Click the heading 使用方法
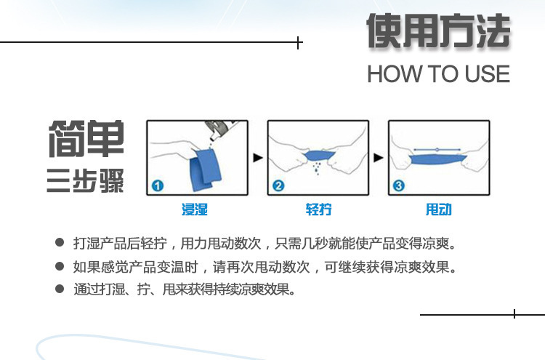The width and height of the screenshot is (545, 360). point(438,33)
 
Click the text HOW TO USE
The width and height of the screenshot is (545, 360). point(438,74)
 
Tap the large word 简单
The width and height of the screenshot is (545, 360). point(86,139)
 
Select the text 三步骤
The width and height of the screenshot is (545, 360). point(86,179)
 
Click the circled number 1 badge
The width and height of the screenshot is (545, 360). point(158,185)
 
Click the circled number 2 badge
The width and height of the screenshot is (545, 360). point(278,185)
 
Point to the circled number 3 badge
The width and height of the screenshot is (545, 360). point(398,185)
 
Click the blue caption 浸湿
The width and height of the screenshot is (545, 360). point(195,209)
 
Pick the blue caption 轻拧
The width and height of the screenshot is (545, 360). point(318,209)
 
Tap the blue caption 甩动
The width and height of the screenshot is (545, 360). point(438,209)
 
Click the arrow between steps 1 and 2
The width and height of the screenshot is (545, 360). point(257,157)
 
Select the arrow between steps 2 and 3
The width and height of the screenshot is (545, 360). point(378,157)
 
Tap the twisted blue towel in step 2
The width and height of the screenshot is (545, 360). point(318,156)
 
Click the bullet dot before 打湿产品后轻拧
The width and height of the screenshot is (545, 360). point(60,243)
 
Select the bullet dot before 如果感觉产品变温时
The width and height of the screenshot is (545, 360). point(60,266)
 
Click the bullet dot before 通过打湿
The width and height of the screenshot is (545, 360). point(60,289)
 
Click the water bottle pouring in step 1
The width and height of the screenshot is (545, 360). point(218,132)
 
